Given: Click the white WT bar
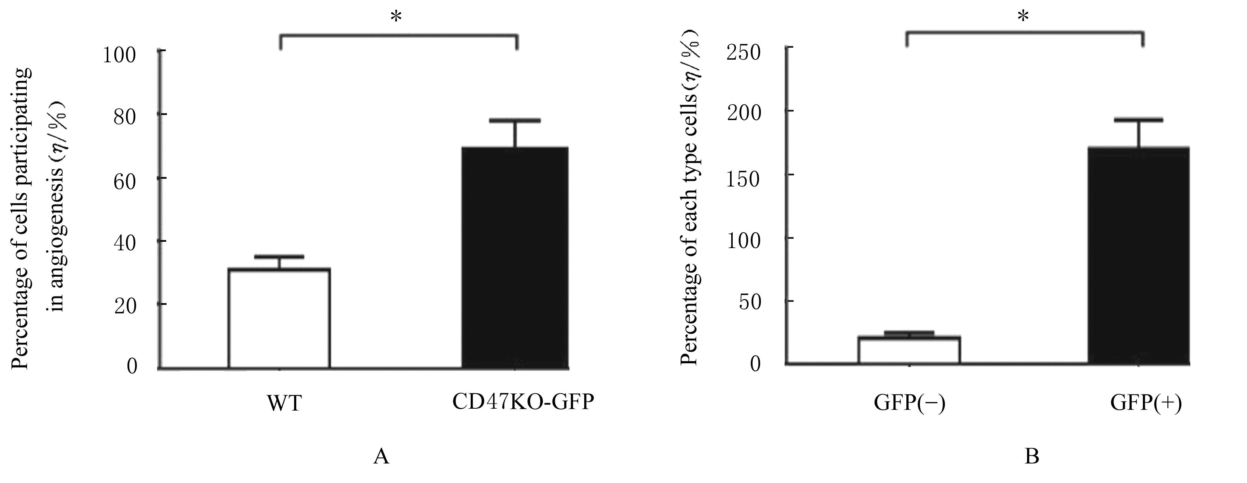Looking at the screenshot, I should pos(279,319).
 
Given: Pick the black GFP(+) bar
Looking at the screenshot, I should pos(1139,256).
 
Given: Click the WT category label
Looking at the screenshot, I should pos(284,403).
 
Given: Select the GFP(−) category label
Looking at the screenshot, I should pos(909,403).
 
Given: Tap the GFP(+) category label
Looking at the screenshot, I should pos(1146,403).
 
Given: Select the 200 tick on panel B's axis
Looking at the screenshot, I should pos(744,114).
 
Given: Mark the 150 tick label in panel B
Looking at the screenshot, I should pos(744,178).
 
